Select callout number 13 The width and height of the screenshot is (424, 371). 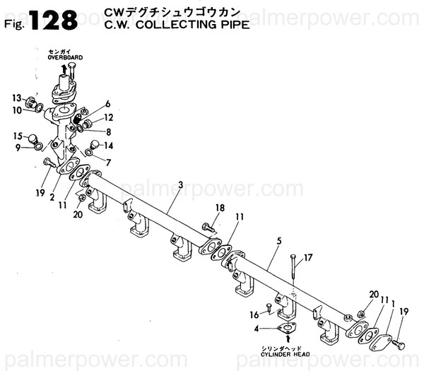click(16, 98)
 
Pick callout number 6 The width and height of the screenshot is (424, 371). click(108, 104)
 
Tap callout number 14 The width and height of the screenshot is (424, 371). click(108, 146)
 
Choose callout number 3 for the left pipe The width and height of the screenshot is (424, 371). click(181, 185)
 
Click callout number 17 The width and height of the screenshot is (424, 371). click(308, 257)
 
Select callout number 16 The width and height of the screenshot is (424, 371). click(254, 315)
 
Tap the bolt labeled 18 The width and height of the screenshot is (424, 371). click(206, 228)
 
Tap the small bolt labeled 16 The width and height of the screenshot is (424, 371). click(269, 308)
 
